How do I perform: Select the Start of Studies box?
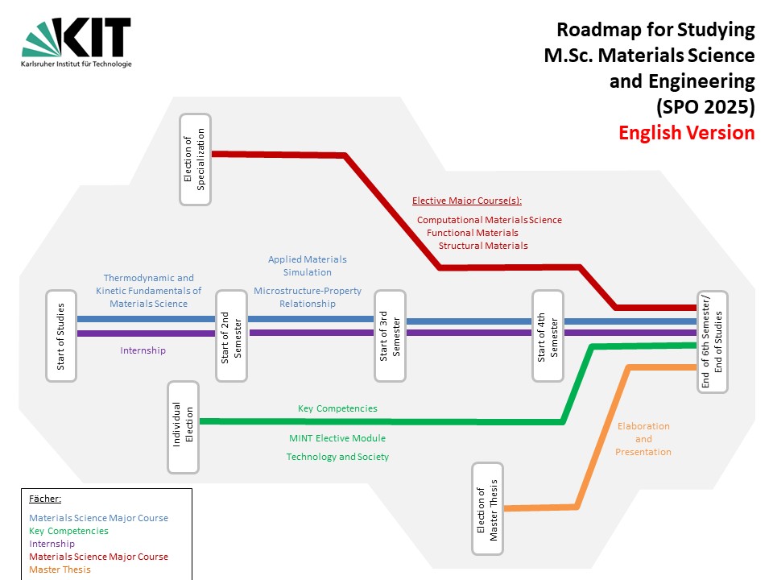(x=61, y=336)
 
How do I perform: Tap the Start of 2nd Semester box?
(x=231, y=336)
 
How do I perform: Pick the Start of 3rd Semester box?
(x=391, y=336)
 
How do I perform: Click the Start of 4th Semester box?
(x=548, y=336)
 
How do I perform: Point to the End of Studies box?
(x=713, y=342)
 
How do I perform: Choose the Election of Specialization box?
(x=195, y=159)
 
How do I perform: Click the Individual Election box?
(x=184, y=426)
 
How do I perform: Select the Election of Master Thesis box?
(x=487, y=508)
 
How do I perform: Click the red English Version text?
(x=686, y=133)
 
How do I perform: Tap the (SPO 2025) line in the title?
(x=705, y=107)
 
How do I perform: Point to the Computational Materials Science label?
(x=490, y=220)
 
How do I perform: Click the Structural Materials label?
(x=483, y=246)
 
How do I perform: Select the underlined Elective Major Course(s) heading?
(x=467, y=201)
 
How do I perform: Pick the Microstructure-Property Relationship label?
(x=308, y=297)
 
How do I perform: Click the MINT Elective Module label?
(x=337, y=438)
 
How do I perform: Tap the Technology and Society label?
(x=337, y=457)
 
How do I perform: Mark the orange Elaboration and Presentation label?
(x=643, y=439)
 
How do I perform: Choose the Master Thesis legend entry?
(x=60, y=570)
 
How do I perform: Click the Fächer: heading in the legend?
(x=45, y=499)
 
